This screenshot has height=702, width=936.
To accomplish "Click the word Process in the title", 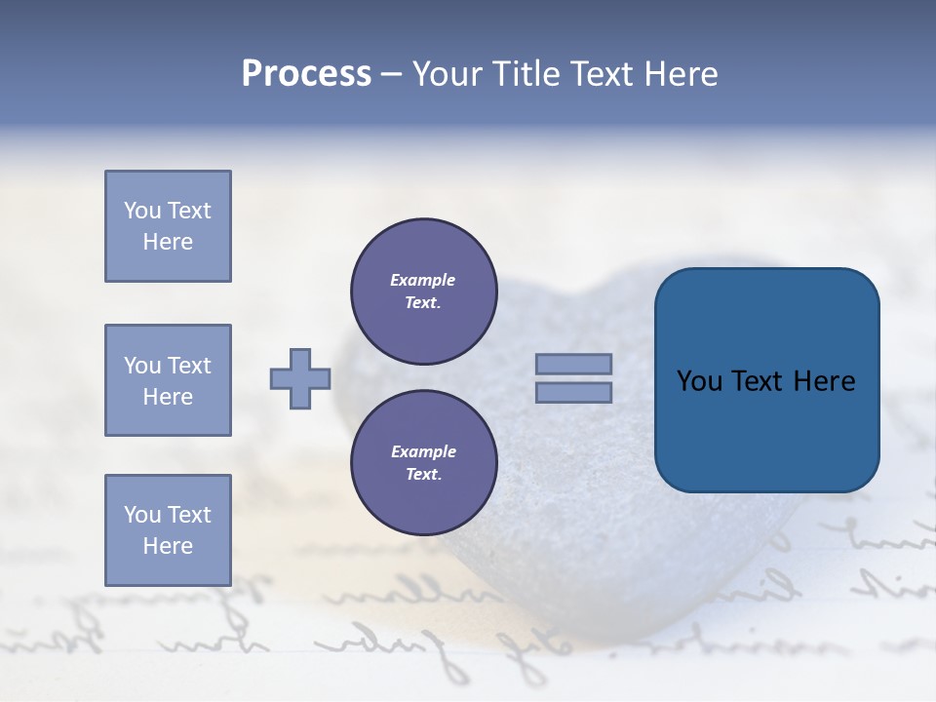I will (x=306, y=74).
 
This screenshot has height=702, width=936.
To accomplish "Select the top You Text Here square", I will (x=168, y=226).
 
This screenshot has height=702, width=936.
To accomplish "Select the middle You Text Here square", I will (x=168, y=380).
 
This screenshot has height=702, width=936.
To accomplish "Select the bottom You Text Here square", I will (x=168, y=529).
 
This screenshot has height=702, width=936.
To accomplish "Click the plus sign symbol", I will (x=300, y=378).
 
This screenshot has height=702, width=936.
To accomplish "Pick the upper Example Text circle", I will (x=423, y=291).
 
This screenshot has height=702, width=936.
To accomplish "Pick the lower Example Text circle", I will (x=423, y=462).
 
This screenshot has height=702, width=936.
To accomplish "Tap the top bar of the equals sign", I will (x=573, y=364).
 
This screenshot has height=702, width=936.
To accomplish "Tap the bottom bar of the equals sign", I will (x=573, y=392).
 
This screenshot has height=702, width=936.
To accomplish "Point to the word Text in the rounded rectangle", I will (x=757, y=381).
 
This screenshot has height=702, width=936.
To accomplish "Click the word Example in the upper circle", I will (x=423, y=280).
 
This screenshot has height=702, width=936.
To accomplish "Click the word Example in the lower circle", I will (x=423, y=451).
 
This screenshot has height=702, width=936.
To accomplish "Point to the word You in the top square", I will (x=141, y=211).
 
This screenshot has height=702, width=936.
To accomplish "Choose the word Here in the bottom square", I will (x=168, y=546).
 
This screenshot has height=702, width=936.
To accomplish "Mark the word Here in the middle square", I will (x=168, y=397).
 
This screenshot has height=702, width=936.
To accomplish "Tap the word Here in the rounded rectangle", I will (x=824, y=381).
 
